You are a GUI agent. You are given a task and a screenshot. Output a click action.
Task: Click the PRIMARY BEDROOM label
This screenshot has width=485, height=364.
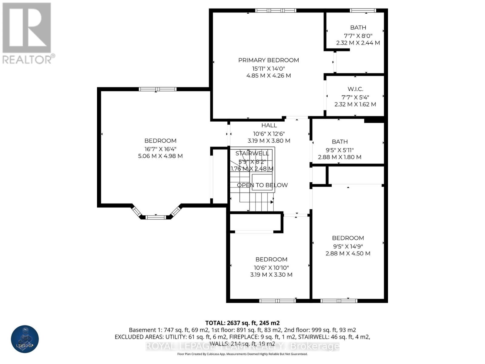tap(269, 60)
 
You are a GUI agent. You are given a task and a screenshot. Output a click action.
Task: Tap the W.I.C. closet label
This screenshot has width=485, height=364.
tap(355, 89)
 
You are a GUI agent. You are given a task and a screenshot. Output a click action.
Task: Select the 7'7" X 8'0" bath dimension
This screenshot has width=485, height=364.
tap(358, 35)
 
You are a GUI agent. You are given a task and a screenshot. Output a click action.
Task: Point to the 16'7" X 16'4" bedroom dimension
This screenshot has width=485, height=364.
tap(160, 149)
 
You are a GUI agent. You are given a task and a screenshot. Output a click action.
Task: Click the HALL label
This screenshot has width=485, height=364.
tap(269, 125)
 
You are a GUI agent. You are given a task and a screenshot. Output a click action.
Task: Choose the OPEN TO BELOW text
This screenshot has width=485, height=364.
tap(262, 185)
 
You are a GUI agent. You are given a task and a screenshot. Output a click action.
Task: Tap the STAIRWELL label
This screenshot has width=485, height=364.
tap(252, 153)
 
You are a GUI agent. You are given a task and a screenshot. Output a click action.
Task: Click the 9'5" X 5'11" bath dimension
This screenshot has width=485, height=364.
tap(339, 150)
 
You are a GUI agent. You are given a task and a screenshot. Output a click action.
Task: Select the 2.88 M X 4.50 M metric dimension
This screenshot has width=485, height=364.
tap(348, 253)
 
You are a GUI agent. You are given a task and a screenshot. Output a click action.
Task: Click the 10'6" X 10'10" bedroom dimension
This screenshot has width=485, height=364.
tap(271, 268)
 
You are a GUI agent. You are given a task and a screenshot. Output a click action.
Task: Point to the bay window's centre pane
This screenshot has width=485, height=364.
tap(156, 217)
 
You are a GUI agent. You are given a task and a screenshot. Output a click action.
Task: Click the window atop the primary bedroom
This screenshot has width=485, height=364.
tap(275, 11)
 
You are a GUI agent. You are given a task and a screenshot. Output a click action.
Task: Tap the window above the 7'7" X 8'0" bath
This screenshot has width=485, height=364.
tap(363, 11)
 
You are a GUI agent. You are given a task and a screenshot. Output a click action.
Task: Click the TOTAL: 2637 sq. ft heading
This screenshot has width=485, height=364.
tap(242, 323)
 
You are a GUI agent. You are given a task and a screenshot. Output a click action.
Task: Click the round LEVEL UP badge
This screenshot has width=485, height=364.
tap(25, 339)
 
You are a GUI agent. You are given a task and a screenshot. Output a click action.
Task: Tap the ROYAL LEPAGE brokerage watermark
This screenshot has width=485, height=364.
tap(242, 346)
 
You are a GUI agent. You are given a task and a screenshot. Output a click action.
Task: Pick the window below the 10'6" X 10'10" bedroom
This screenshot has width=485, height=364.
tap(277, 301)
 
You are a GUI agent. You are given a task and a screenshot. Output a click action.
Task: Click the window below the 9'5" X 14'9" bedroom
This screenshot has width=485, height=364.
tap(339, 301)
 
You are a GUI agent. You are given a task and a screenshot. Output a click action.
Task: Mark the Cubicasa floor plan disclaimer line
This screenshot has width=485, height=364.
tap(242, 354)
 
